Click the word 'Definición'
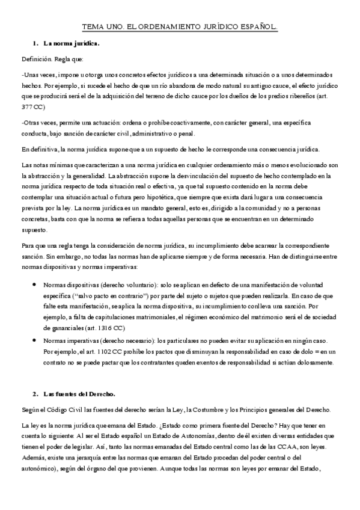37,60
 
